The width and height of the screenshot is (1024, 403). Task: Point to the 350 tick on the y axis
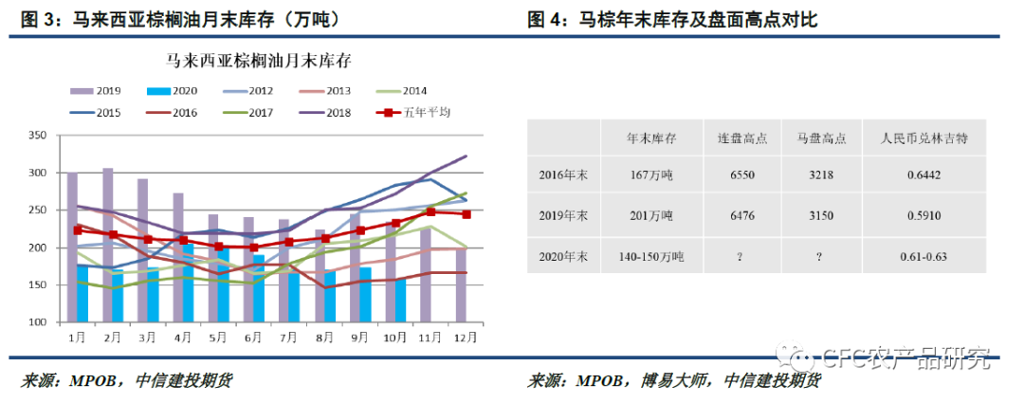click(38, 136)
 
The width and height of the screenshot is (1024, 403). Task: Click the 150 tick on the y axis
click(38, 285)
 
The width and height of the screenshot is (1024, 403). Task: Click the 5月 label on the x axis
click(216, 337)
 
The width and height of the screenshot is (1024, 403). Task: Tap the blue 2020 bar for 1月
click(82, 294)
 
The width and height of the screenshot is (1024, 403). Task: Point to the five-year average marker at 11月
click(431, 212)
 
